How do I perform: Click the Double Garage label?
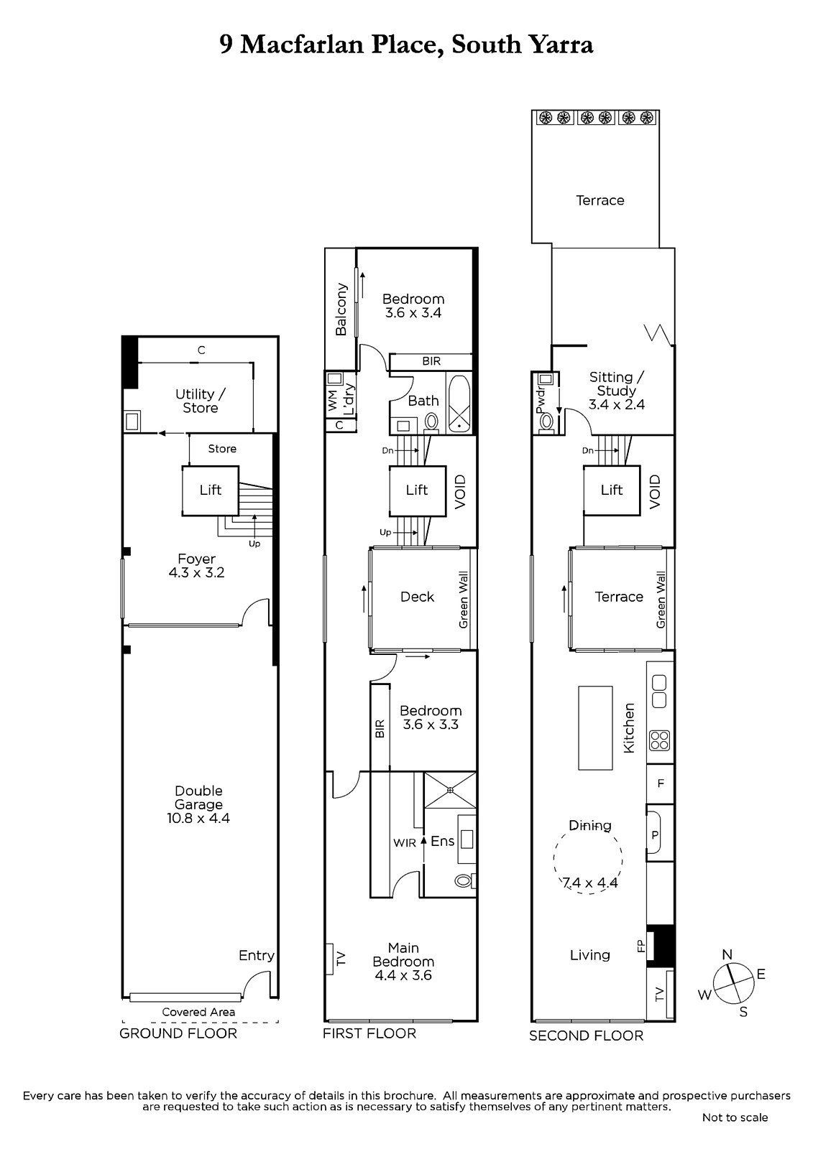(x=198, y=804)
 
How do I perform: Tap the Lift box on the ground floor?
(x=211, y=490)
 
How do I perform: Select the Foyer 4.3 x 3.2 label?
(x=197, y=565)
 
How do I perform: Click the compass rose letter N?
(x=727, y=954)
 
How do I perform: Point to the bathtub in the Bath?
(x=459, y=404)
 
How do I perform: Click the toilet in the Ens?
(x=465, y=881)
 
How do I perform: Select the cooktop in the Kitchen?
(x=660, y=740)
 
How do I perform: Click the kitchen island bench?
(x=595, y=728)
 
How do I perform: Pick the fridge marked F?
(x=661, y=783)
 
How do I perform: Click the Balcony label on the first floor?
(x=341, y=310)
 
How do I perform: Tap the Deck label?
(x=417, y=597)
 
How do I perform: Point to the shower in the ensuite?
(x=450, y=790)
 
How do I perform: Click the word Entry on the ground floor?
(x=257, y=956)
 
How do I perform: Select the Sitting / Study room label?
(x=616, y=391)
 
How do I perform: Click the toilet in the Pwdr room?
(x=546, y=423)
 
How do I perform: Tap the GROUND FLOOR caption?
(x=178, y=1033)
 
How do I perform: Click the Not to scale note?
(x=735, y=1117)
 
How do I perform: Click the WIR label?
(x=405, y=843)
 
